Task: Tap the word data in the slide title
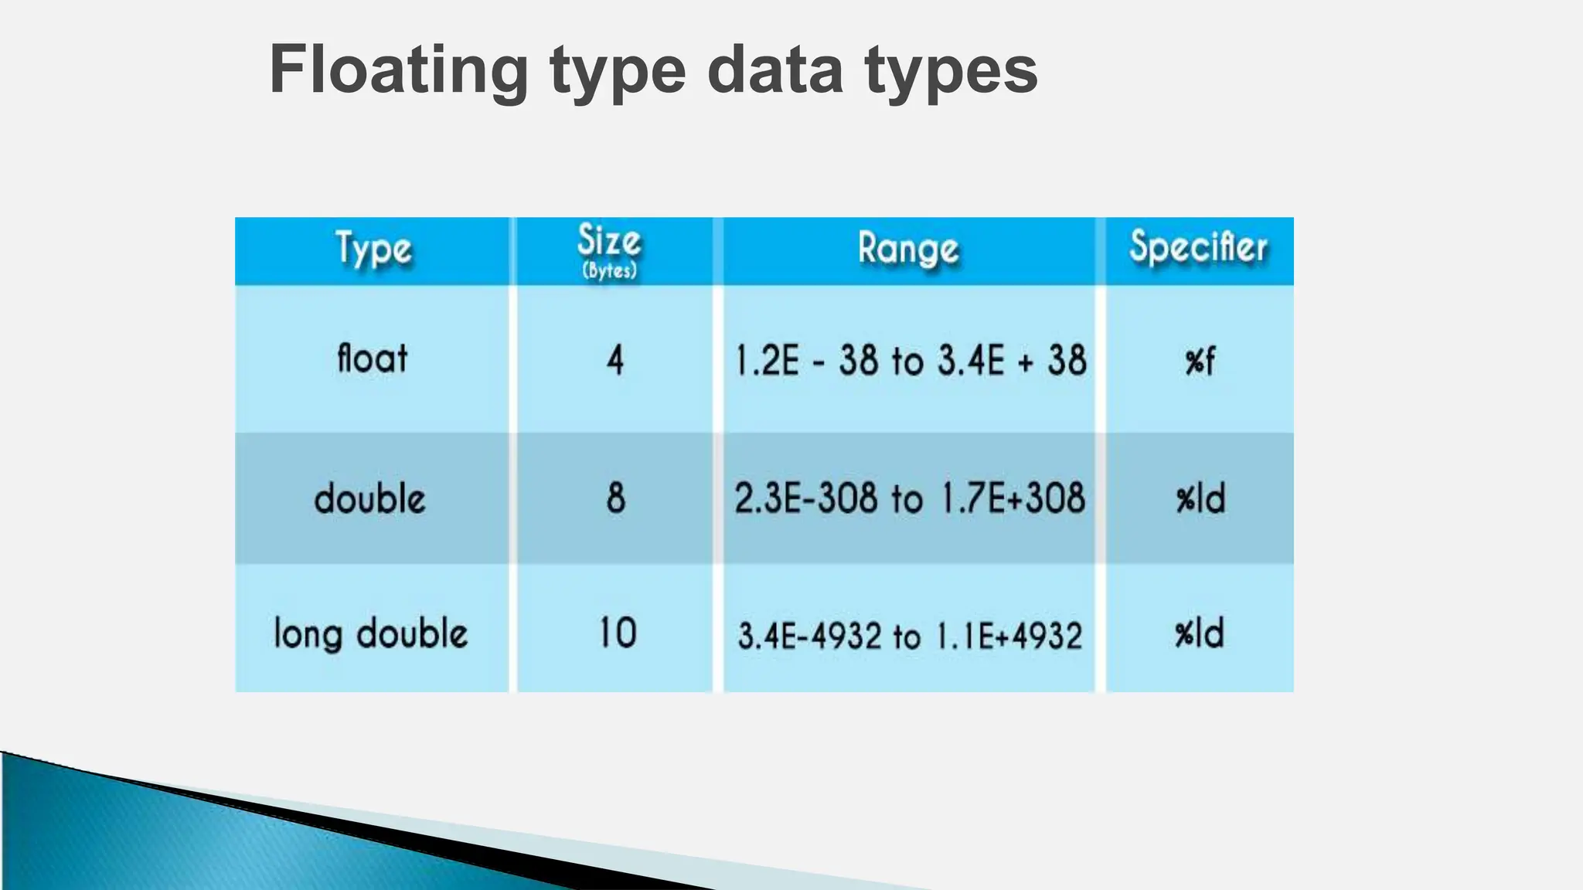[x=774, y=71]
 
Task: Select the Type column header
[x=373, y=250]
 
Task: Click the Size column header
[x=609, y=240]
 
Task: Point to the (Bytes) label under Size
[x=609, y=270]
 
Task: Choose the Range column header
[x=908, y=250]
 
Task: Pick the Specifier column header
[x=1198, y=247]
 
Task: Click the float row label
[x=372, y=359]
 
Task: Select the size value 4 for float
[x=614, y=360]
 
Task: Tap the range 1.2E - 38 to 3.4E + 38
[x=910, y=361]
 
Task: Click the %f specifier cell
[x=1200, y=361]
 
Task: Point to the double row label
[x=370, y=498]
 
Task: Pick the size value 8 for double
[x=615, y=498]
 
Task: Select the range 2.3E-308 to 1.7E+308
[x=910, y=498]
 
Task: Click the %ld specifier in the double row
[x=1200, y=499]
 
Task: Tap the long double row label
[x=371, y=634]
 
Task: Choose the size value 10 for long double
[x=617, y=633]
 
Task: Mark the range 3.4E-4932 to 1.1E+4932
[x=910, y=636]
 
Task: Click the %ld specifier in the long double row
[x=1200, y=634]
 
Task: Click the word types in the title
[x=951, y=71]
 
